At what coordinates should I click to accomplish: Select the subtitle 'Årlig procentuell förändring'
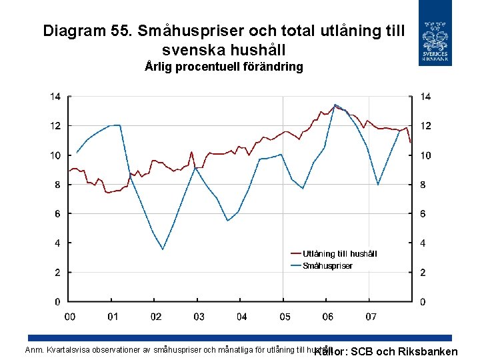point(223,67)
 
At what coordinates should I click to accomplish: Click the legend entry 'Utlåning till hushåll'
point(339,253)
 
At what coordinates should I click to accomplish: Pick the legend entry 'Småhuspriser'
point(327,265)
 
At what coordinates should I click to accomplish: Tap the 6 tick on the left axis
point(58,214)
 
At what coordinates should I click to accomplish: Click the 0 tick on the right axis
point(423,302)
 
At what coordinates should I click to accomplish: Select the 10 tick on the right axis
point(425,155)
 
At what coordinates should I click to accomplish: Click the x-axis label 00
point(69,317)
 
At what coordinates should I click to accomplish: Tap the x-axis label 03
point(199,317)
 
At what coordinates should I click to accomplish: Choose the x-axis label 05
point(285,317)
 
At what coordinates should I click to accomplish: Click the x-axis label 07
point(371,317)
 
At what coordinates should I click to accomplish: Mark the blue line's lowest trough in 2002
point(163,249)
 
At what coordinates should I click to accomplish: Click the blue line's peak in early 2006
point(335,105)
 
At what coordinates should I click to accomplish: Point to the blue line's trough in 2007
point(378,185)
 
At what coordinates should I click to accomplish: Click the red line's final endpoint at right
point(410,142)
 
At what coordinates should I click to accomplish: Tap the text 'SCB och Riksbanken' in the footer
point(404,352)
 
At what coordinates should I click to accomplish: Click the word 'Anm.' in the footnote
point(33,349)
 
